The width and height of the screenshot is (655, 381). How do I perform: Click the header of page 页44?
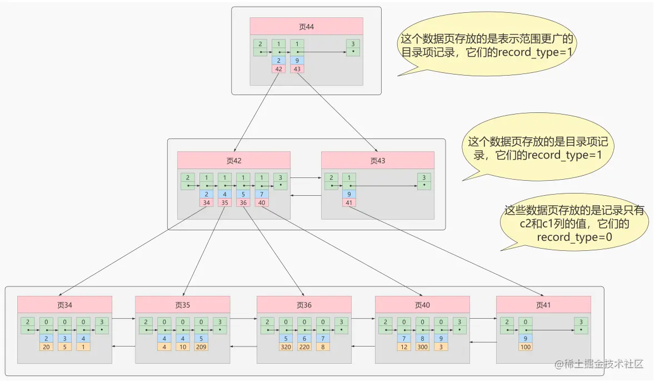tap(306, 27)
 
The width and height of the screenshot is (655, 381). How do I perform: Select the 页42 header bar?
tap(234, 160)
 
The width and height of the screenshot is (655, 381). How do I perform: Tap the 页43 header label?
tap(377, 160)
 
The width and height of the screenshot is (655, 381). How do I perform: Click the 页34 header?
tap(64, 305)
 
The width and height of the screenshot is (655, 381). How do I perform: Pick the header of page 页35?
tap(183, 305)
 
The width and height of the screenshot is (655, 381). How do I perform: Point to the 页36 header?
tap(304, 305)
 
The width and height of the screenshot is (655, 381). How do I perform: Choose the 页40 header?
tap(422, 305)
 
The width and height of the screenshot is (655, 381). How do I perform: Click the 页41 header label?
tap(543, 305)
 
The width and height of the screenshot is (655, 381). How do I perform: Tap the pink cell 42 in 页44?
tap(279, 69)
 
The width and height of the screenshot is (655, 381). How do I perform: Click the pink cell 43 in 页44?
tap(297, 69)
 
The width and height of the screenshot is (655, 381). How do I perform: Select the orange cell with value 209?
tap(202, 347)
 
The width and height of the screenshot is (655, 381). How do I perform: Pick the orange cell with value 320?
tap(286, 347)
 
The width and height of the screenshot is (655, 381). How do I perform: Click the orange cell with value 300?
tap(423, 347)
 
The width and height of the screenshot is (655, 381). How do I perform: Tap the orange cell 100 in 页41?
tap(526, 347)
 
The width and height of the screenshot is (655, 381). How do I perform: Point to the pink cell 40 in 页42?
tap(262, 202)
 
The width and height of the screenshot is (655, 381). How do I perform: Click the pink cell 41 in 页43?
tap(349, 202)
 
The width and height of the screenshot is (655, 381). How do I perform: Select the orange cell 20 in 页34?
tap(46, 347)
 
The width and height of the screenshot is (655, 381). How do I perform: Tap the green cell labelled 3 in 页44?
tap(352, 47)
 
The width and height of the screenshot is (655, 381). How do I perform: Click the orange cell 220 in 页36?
tap(304, 347)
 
